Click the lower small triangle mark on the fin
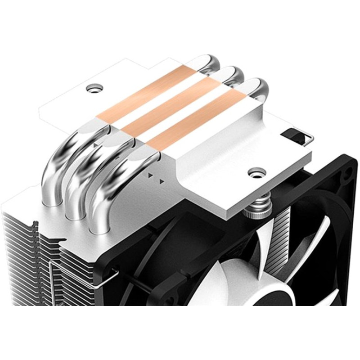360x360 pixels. [161, 182]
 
